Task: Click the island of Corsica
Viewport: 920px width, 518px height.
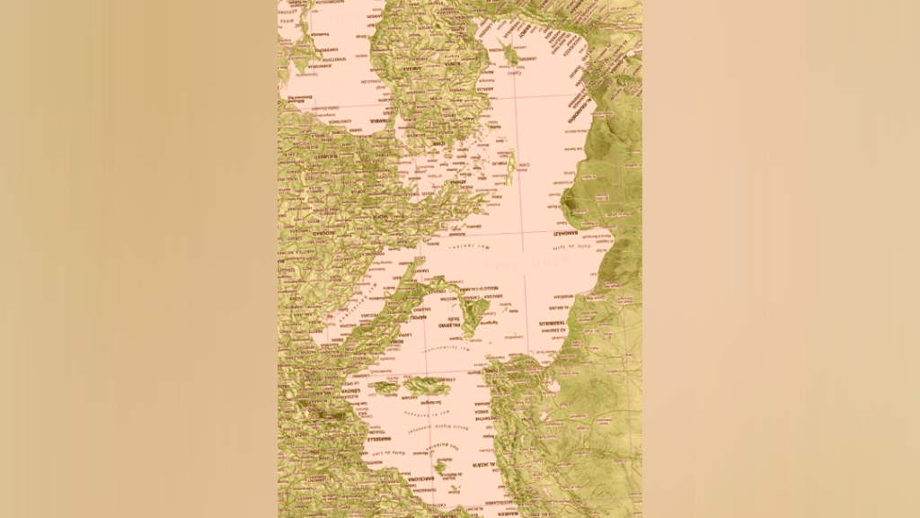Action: [385, 388]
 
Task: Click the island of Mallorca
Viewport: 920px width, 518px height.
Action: [441, 467]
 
